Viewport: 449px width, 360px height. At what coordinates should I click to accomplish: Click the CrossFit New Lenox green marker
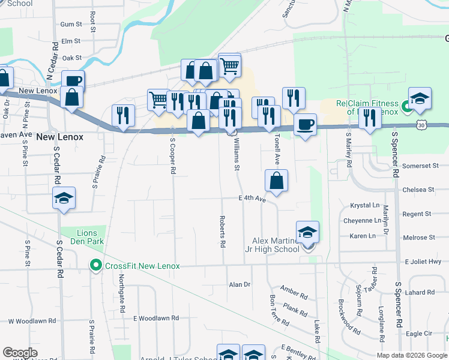(94, 265)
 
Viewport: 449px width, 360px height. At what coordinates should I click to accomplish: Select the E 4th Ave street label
(252, 199)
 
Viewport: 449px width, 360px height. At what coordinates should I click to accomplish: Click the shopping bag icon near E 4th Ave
(276, 181)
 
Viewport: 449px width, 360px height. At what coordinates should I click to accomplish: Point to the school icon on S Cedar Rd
(63, 199)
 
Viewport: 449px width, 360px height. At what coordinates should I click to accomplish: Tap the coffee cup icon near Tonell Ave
(305, 125)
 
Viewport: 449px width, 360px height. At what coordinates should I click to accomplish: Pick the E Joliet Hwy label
(423, 262)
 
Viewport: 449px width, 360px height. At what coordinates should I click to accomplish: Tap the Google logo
(20, 353)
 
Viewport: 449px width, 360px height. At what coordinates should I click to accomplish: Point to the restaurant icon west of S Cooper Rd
(123, 115)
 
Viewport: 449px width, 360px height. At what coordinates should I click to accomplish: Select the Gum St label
(71, 24)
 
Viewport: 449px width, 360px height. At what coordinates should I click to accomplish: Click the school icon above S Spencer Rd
(420, 98)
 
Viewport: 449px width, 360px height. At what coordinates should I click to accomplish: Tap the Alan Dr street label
(239, 284)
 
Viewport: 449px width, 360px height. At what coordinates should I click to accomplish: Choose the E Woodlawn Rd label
(156, 318)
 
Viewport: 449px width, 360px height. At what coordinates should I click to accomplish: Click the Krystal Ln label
(363, 205)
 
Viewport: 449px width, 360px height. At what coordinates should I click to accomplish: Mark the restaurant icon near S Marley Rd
(370, 119)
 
